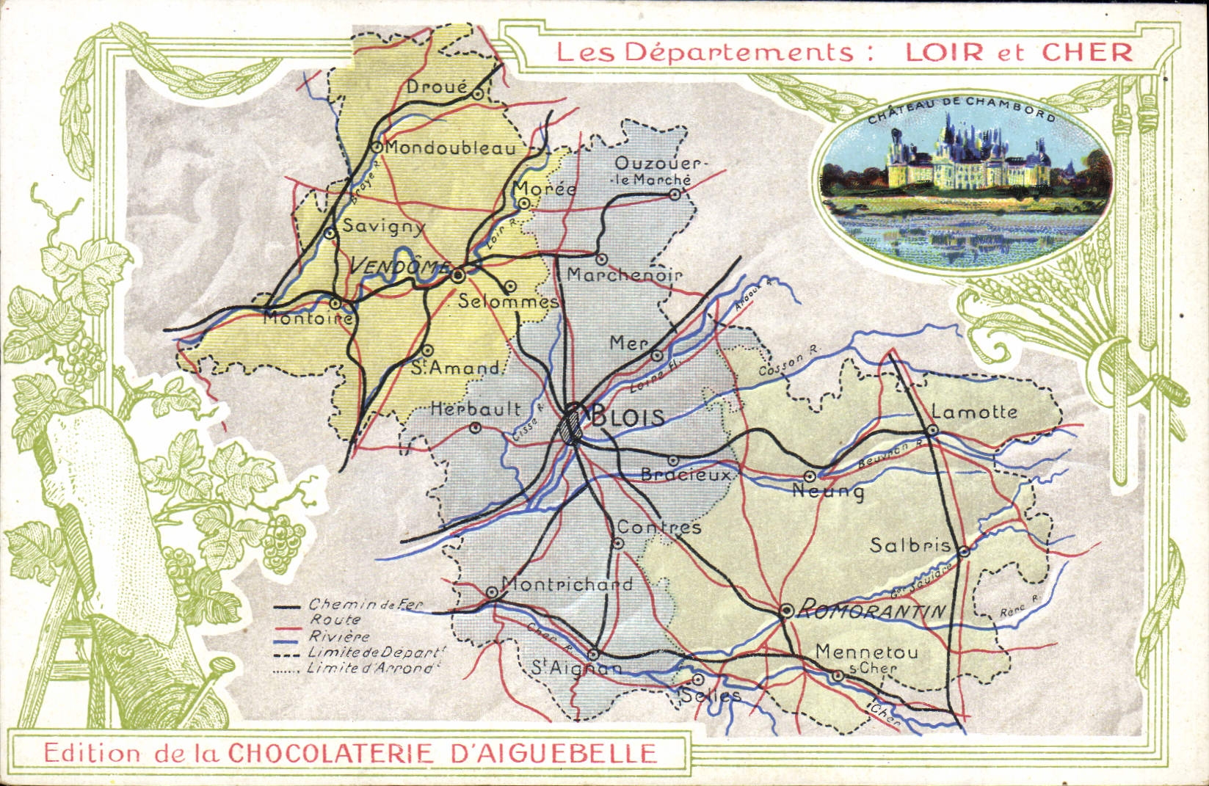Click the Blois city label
click(628, 417)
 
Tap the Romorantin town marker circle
click(786, 610)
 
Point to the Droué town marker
click(478, 93)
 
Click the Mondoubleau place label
click(450, 148)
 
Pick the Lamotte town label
click(974, 412)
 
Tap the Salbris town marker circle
click(965, 550)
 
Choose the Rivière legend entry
click(338, 636)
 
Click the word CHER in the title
click(1086, 51)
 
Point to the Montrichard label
click(566, 584)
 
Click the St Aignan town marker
click(594, 653)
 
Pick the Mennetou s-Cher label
click(866, 658)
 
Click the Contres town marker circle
click(618, 543)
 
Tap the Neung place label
click(827, 491)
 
